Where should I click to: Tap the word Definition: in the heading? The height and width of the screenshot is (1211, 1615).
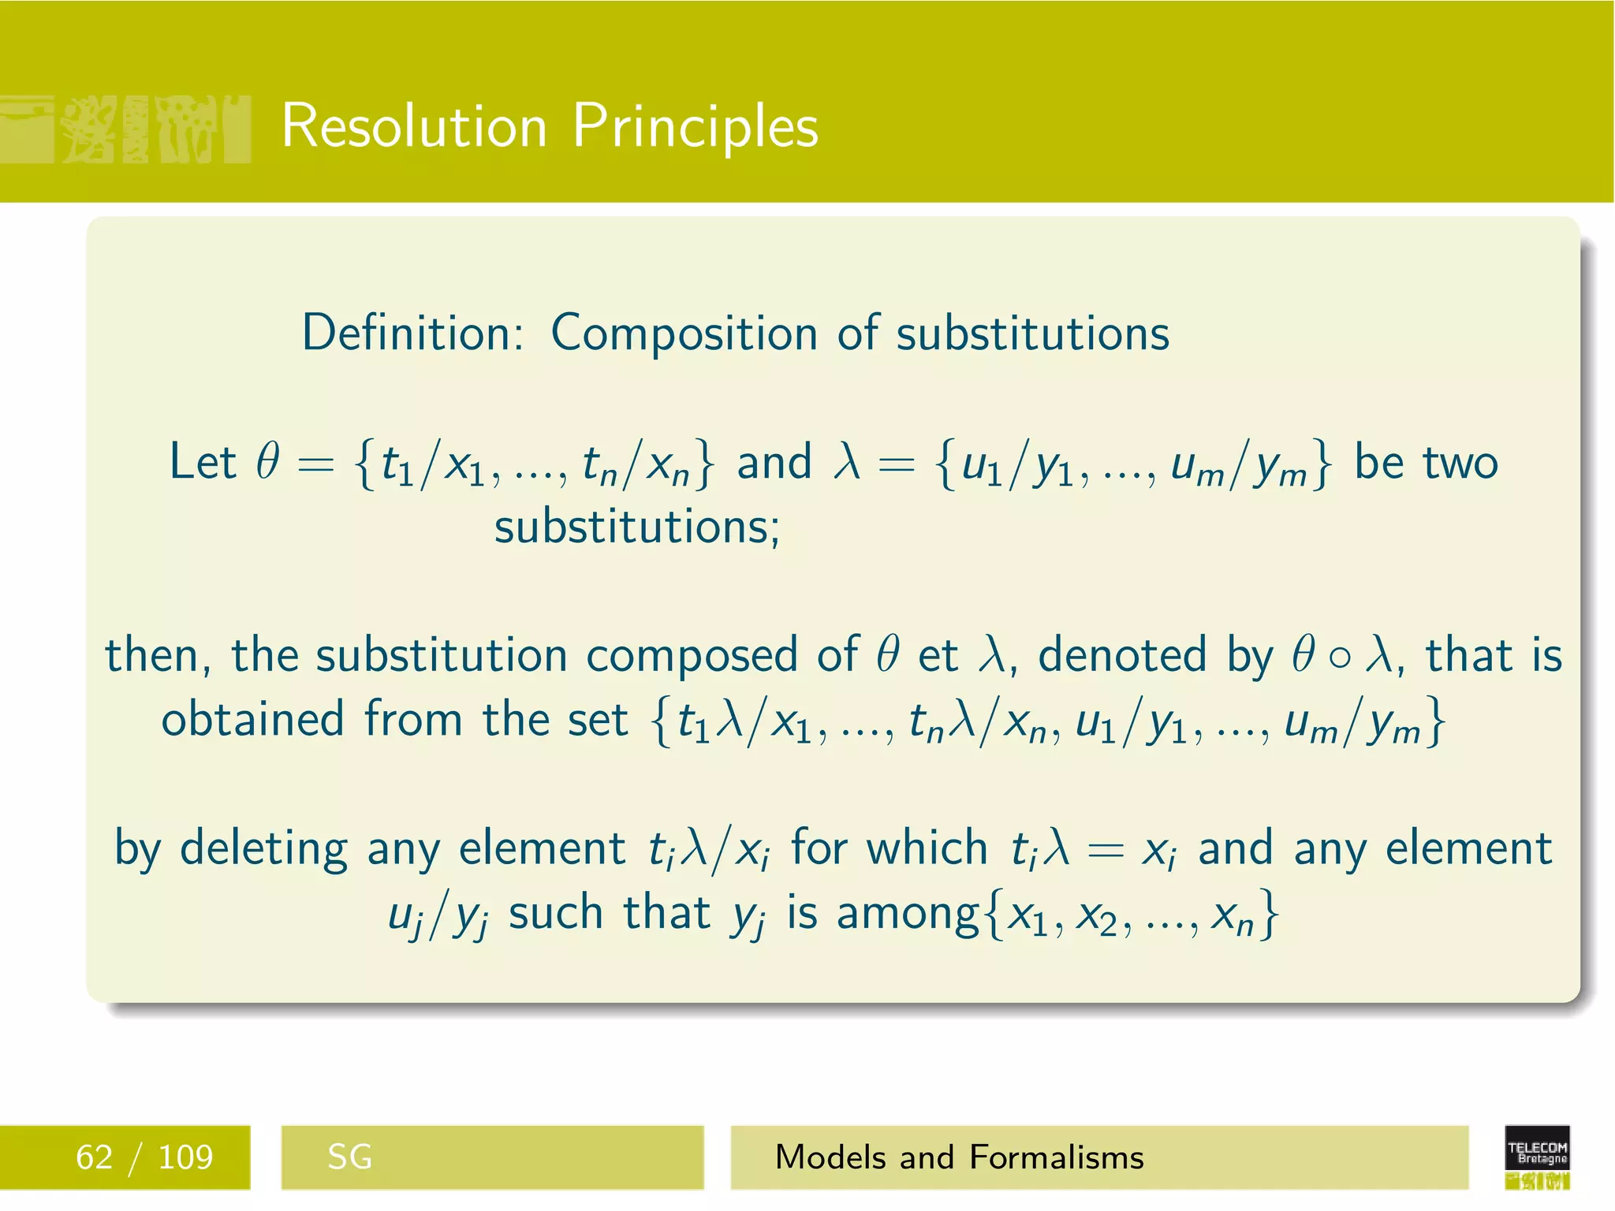412,333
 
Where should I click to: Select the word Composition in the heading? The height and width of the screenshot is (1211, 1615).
684,333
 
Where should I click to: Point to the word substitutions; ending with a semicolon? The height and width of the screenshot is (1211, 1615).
636,527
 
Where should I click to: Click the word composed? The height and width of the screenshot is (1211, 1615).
692,656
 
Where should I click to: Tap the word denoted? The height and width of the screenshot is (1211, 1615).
1121,656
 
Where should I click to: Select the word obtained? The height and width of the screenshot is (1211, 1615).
252,720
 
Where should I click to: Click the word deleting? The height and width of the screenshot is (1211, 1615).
263,849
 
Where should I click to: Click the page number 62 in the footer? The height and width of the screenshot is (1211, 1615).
94,1157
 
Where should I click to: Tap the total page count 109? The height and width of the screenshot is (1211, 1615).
185,1157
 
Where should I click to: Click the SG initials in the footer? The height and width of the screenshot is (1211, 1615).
349,1157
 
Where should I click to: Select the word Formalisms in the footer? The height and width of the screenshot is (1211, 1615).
1057,1157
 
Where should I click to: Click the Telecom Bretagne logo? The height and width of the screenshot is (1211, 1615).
1536,1156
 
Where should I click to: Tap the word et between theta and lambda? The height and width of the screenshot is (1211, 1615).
938,656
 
